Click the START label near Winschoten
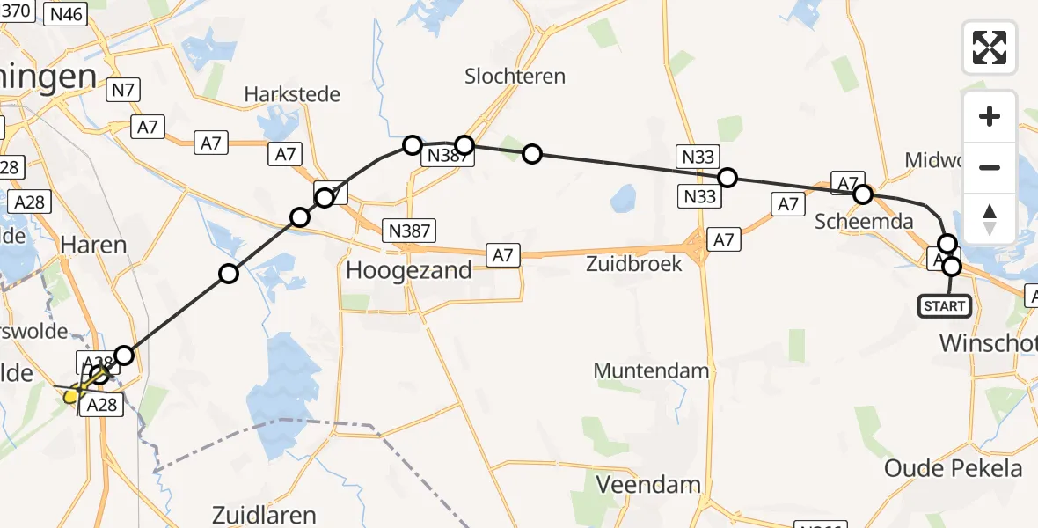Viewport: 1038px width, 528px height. point(944,306)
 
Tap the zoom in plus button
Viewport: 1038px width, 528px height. point(990,116)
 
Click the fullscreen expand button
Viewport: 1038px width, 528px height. point(990,47)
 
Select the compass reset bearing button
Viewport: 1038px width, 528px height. point(990,219)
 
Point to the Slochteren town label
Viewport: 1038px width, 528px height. point(515,77)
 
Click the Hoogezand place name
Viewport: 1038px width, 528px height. point(409,270)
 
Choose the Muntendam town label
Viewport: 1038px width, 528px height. point(651,370)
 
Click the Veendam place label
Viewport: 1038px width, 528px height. point(648,484)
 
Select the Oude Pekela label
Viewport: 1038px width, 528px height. point(953,468)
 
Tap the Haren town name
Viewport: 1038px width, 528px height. point(94,244)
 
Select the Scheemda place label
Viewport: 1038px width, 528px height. point(859,222)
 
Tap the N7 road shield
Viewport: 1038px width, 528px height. point(121,89)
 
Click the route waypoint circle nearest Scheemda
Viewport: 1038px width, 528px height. point(863,194)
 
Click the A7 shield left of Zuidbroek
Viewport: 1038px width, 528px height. point(501,255)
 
